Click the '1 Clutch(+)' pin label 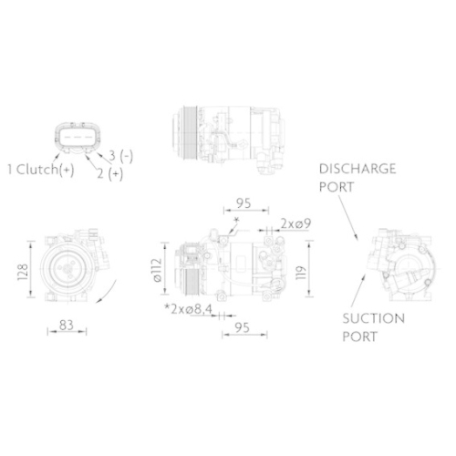pos(40,169)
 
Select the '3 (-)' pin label pos(120,157)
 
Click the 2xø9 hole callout pos(294,223)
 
